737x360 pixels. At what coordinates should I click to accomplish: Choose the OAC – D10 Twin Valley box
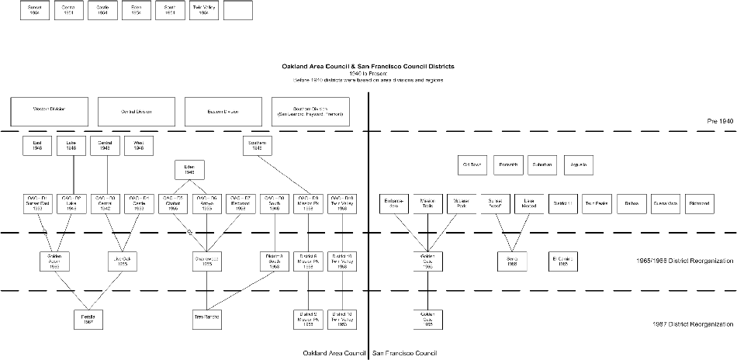341,203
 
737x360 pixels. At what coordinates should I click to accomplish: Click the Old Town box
472,165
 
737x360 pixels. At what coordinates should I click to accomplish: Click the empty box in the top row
237,10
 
